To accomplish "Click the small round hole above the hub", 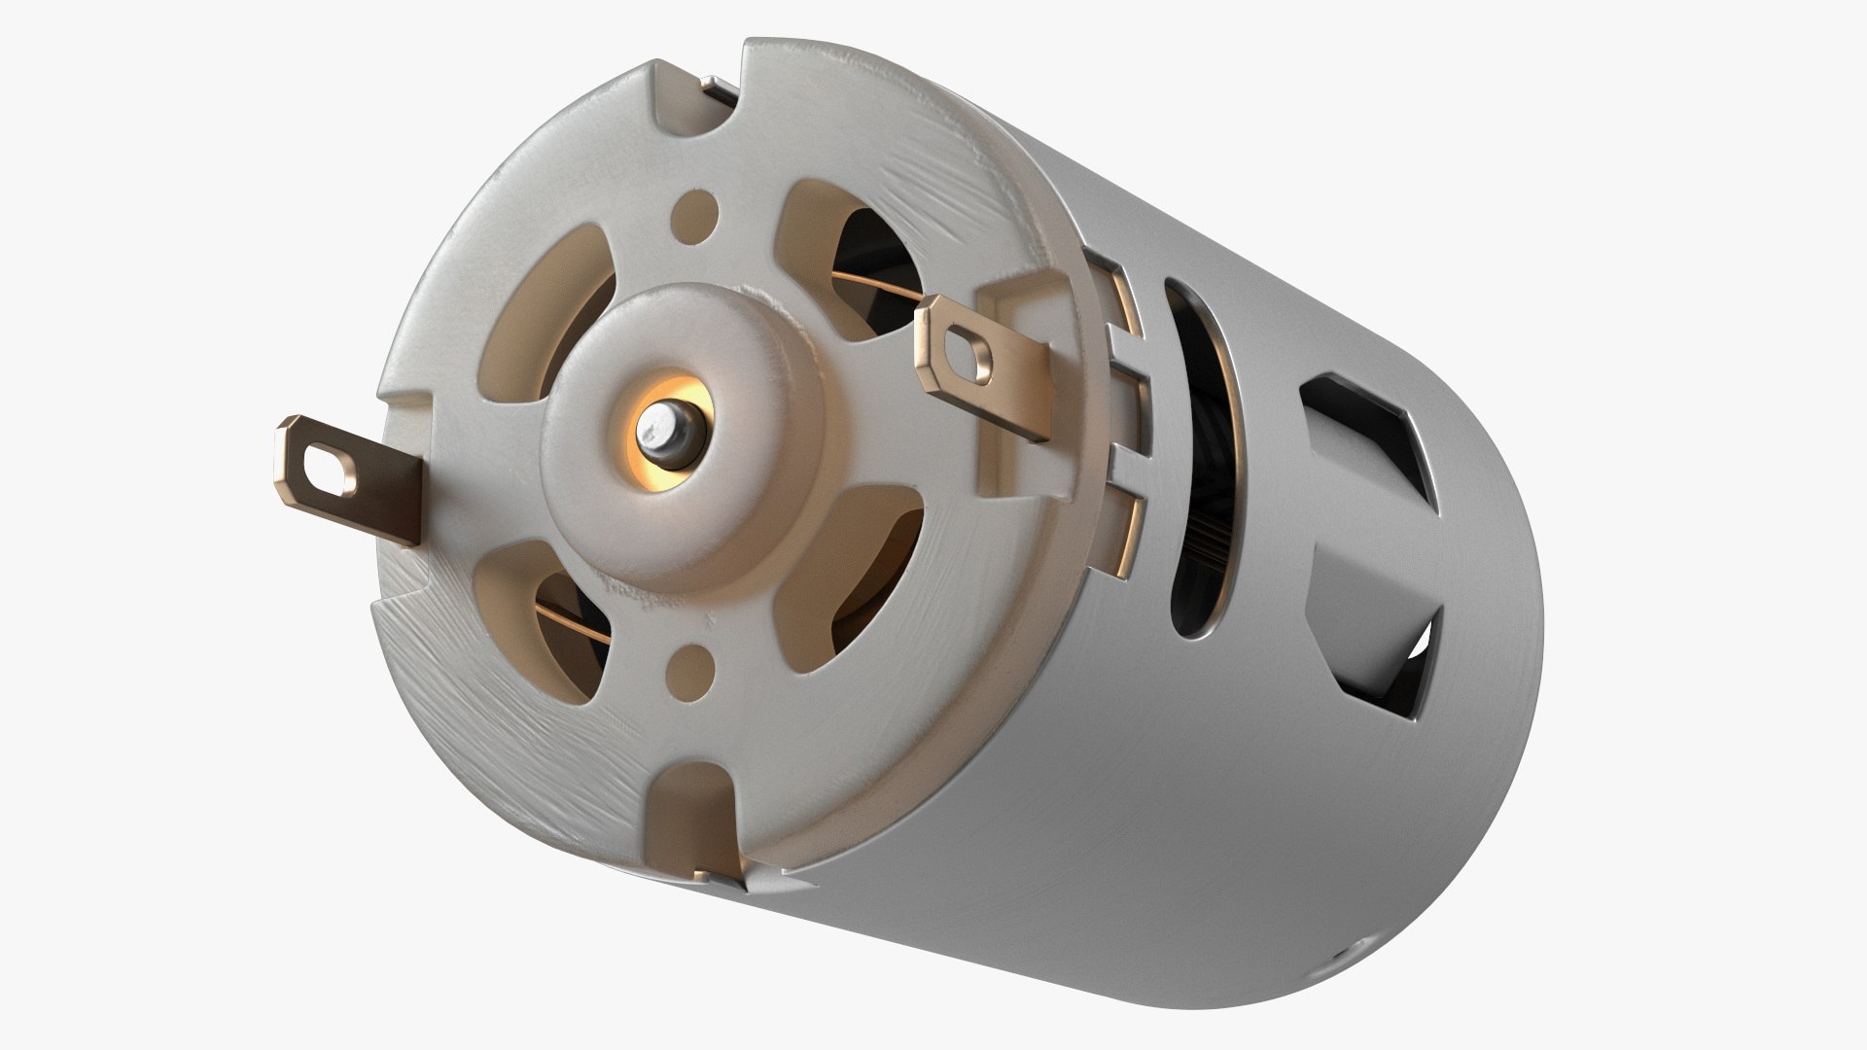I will (x=698, y=208).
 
